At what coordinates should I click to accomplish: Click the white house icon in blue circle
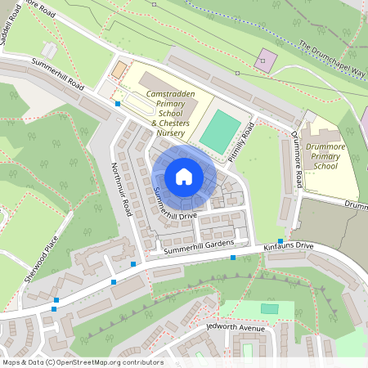pyautogui.click(x=184, y=177)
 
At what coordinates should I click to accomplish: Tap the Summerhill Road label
pyautogui.click(x=58, y=74)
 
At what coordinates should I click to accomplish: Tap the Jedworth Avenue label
pyautogui.click(x=238, y=328)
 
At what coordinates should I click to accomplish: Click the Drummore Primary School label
pyautogui.click(x=325, y=155)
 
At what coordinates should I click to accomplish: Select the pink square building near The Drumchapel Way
pyautogui.click(x=267, y=60)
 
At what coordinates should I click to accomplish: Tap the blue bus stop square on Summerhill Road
pyautogui.click(x=119, y=104)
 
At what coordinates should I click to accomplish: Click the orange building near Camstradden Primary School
pyautogui.click(x=120, y=69)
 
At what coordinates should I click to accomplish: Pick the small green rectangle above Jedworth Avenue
pyautogui.click(x=269, y=308)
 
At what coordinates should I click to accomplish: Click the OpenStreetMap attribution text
pyautogui.click(x=82, y=362)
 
